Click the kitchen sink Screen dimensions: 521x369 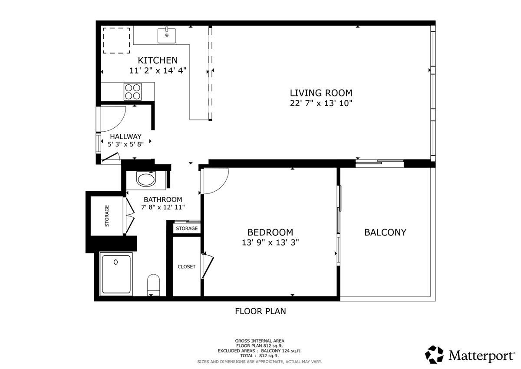tap(167, 36)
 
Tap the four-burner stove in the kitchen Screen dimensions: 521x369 tap(132, 92)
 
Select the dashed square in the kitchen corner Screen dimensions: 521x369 tap(116, 40)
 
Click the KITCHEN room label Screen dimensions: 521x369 tap(158, 60)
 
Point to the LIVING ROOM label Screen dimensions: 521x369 tap(321, 93)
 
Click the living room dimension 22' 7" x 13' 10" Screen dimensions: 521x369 tap(321, 103)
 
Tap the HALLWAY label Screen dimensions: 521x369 tap(125, 136)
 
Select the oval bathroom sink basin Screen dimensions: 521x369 tap(146, 179)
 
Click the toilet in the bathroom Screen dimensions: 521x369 tap(154, 285)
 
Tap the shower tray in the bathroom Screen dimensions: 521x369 tap(116, 274)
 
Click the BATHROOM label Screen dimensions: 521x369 tap(163, 199)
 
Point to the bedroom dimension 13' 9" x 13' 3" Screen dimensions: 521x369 tap(270, 243)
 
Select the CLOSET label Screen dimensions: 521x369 tap(187, 266)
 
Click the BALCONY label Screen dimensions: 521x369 tap(385, 233)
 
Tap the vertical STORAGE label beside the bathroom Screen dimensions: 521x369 tap(107, 216)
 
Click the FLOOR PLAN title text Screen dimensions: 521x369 tap(260, 311)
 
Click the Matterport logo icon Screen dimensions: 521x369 tap(434, 355)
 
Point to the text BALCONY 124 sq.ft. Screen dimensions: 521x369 tap(281, 351)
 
